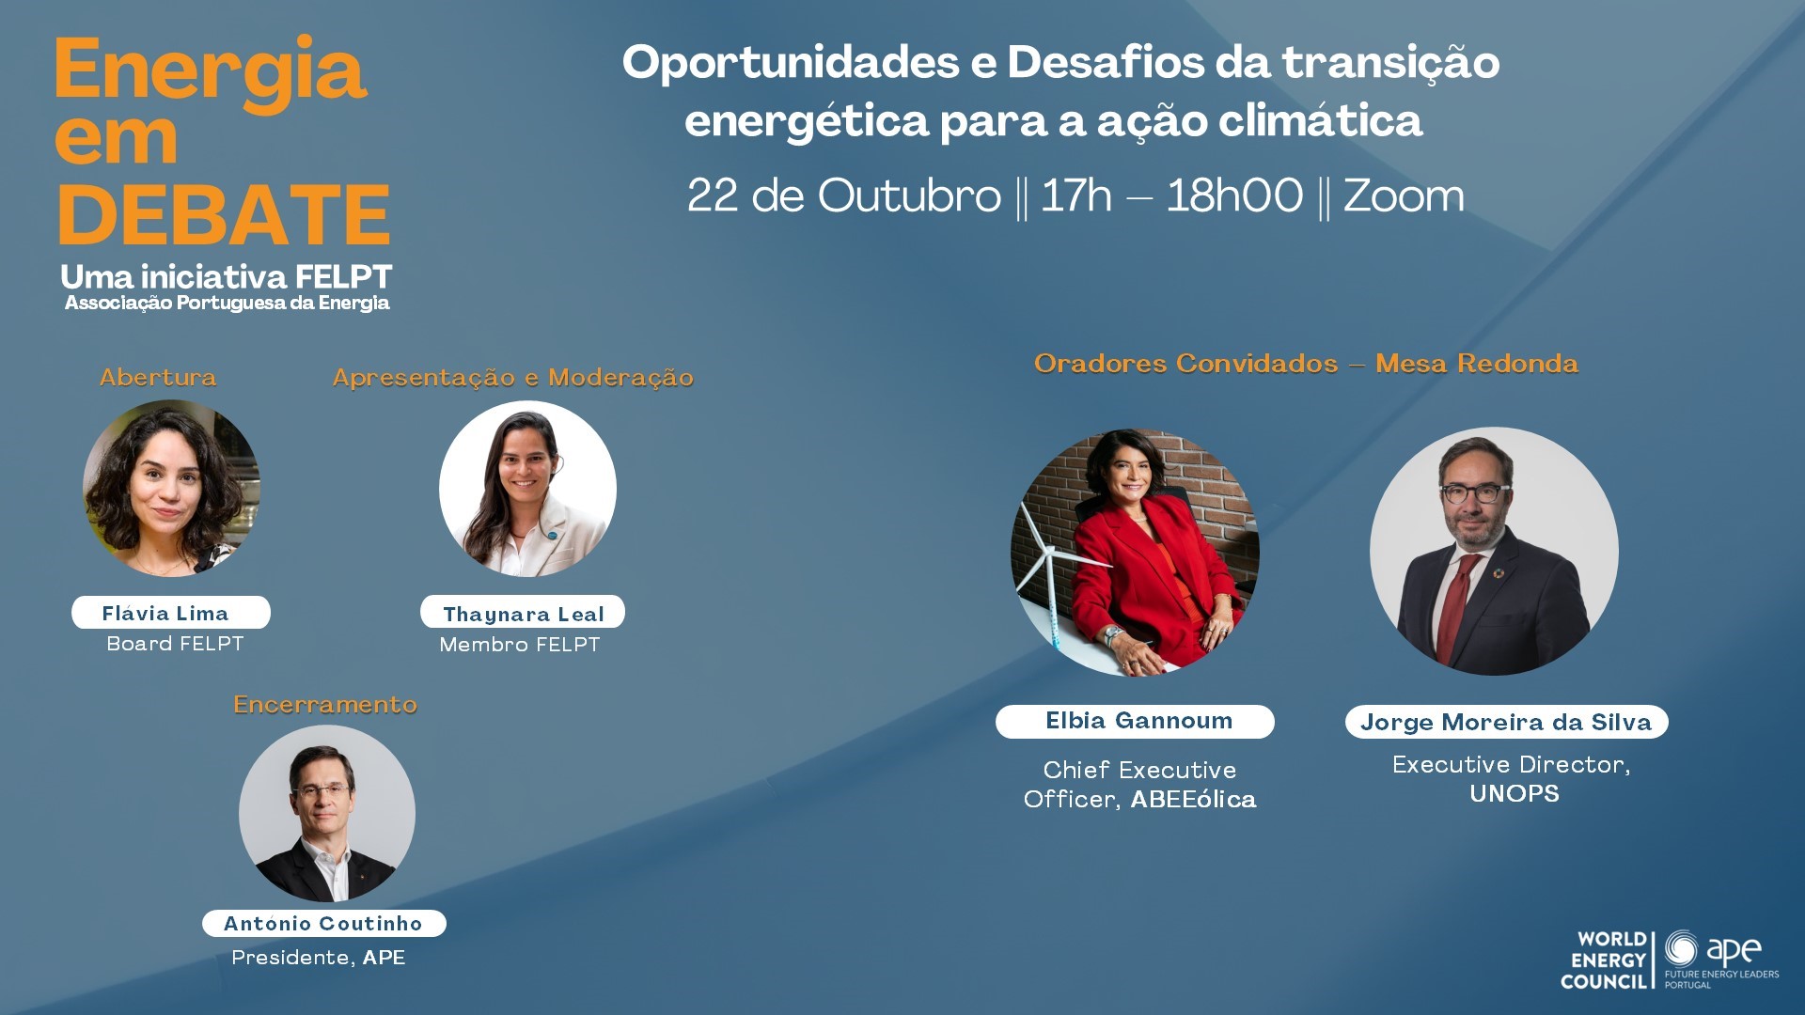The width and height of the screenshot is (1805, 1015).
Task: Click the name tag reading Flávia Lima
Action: tap(171, 613)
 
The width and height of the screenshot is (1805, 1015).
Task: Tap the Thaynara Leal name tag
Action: tap(523, 613)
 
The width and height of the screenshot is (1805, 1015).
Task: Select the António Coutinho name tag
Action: tap(324, 923)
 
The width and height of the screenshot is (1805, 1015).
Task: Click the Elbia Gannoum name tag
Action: tap(1135, 722)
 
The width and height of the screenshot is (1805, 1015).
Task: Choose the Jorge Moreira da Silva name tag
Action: tap(1506, 722)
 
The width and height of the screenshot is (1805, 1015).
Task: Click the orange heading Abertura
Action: tap(158, 377)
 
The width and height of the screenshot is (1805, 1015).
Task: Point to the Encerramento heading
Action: tap(325, 704)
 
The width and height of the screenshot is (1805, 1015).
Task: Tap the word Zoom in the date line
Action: tap(1404, 195)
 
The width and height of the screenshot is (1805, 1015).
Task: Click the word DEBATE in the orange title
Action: tap(224, 214)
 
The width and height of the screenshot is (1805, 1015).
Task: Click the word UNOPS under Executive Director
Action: tap(1514, 794)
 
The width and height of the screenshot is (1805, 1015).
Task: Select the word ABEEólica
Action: tap(1193, 799)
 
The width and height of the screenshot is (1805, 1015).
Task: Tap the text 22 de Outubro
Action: tap(844, 195)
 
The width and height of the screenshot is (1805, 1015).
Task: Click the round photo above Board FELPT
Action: tap(172, 488)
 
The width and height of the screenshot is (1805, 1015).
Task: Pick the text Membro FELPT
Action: tap(519, 645)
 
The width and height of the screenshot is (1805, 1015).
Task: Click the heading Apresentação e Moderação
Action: tap(513, 378)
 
